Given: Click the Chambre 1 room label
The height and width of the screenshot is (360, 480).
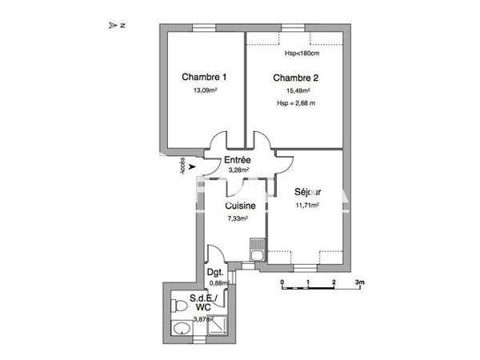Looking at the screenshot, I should click(204, 78).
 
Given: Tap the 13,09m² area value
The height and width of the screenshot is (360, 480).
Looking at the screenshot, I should click(205, 91).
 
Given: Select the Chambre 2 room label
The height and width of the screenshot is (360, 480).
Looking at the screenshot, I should click(296, 78).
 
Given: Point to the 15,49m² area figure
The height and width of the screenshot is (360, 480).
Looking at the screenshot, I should click(297, 91).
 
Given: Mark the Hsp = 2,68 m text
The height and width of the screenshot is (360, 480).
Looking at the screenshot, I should click(296, 103).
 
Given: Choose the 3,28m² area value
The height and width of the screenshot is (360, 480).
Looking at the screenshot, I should click(238, 170).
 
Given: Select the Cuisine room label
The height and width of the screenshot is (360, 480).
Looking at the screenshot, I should click(239, 206).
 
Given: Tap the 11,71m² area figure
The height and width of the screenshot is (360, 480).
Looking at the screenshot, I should click(307, 205).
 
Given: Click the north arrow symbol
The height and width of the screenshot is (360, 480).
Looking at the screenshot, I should click(113, 26).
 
